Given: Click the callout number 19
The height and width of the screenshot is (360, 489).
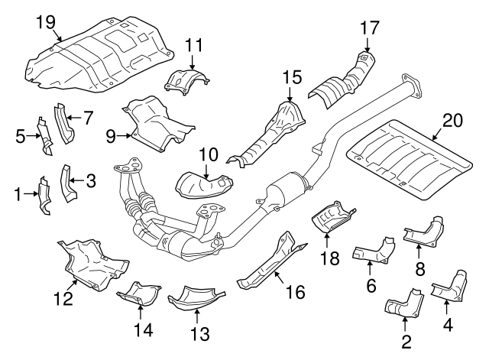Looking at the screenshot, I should [x=46, y=21].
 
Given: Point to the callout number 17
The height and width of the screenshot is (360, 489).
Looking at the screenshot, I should [x=369, y=28].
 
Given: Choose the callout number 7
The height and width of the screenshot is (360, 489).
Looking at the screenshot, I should [x=88, y=118].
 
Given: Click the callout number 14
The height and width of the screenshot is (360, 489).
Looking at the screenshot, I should [x=141, y=329].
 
